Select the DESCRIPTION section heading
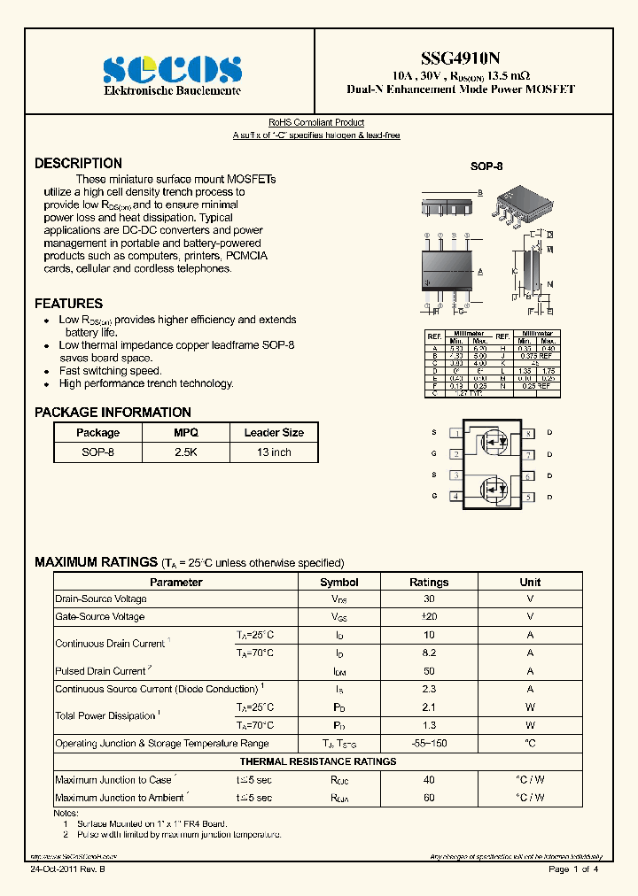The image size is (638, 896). point(78,164)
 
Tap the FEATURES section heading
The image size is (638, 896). point(68,304)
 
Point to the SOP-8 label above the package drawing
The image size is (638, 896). point(486,166)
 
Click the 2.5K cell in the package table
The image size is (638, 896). point(186,452)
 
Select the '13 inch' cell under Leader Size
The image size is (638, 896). point(274,452)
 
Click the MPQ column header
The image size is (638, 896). point(186,433)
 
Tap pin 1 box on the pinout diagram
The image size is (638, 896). point(455,433)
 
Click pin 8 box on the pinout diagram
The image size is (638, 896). point(528,433)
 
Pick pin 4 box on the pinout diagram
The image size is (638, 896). point(455,497)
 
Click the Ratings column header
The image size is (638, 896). point(429,583)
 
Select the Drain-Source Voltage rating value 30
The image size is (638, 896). point(429,599)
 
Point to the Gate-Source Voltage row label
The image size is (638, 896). point(99,617)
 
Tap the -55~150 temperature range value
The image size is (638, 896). point(429,744)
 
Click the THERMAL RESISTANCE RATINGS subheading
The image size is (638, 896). point(318,761)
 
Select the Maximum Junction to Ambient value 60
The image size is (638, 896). point(429,798)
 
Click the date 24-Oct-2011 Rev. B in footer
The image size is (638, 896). point(64,869)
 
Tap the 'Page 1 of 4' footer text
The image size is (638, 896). point(573,869)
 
